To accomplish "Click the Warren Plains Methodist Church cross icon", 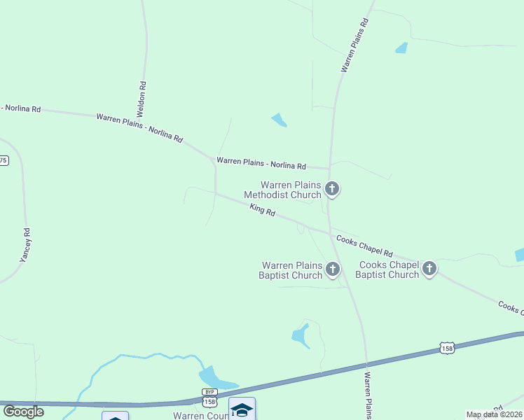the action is click(332, 188).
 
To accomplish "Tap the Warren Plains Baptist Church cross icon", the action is click(332, 269).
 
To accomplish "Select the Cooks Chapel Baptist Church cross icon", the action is click(429, 269).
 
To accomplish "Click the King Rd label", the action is click(263, 209).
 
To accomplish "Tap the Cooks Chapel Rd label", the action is click(364, 246).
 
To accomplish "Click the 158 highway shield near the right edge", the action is click(448, 347).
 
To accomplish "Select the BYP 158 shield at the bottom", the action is click(209, 398).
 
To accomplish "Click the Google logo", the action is click(22, 411).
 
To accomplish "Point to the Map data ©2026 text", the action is click(494, 414).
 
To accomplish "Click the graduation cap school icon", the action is click(242, 409).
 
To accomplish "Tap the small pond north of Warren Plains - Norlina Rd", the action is click(279, 120).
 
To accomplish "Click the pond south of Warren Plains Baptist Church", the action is click(301, 335).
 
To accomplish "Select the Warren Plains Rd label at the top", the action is click(354, 45).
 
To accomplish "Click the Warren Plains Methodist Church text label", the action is click(291, 190).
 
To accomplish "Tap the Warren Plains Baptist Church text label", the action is click(291, 270).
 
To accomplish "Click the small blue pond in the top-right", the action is click(401, 48).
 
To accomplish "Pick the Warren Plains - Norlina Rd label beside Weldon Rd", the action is click(139, 128).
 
